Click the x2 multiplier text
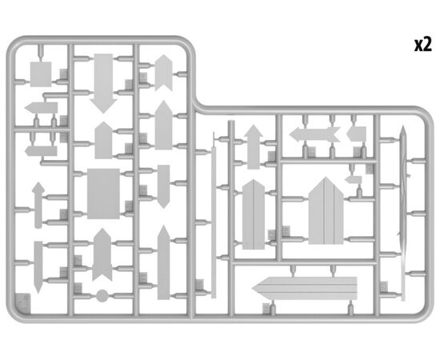[423, 45]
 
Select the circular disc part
[102, 296]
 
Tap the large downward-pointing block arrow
[103, 83]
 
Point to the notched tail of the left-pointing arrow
[335, 134]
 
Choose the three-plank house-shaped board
[326, 210]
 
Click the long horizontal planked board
[305, 289]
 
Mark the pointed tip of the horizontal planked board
[252, 289]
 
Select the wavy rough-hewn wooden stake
[403, 214]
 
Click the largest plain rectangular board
[103, 194]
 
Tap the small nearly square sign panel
[41, 74]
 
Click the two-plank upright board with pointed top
[254, 214]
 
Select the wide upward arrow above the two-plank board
[254, 146]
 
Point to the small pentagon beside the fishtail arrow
[356, 134]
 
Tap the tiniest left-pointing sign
[353, 179]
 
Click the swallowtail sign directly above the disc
[102, 254]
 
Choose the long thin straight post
[214, 222]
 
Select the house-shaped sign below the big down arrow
[103, 140]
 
